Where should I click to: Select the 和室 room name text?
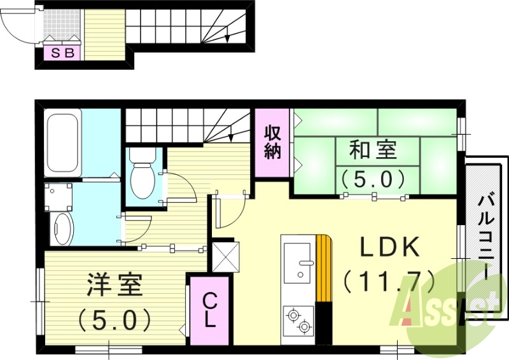(x=373, y=151)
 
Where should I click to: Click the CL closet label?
(x=209, y=308)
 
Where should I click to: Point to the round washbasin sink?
(x=62, y=227)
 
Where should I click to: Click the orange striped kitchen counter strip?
(x=324, y=268)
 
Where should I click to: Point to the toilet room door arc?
(x=179, y=187)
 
